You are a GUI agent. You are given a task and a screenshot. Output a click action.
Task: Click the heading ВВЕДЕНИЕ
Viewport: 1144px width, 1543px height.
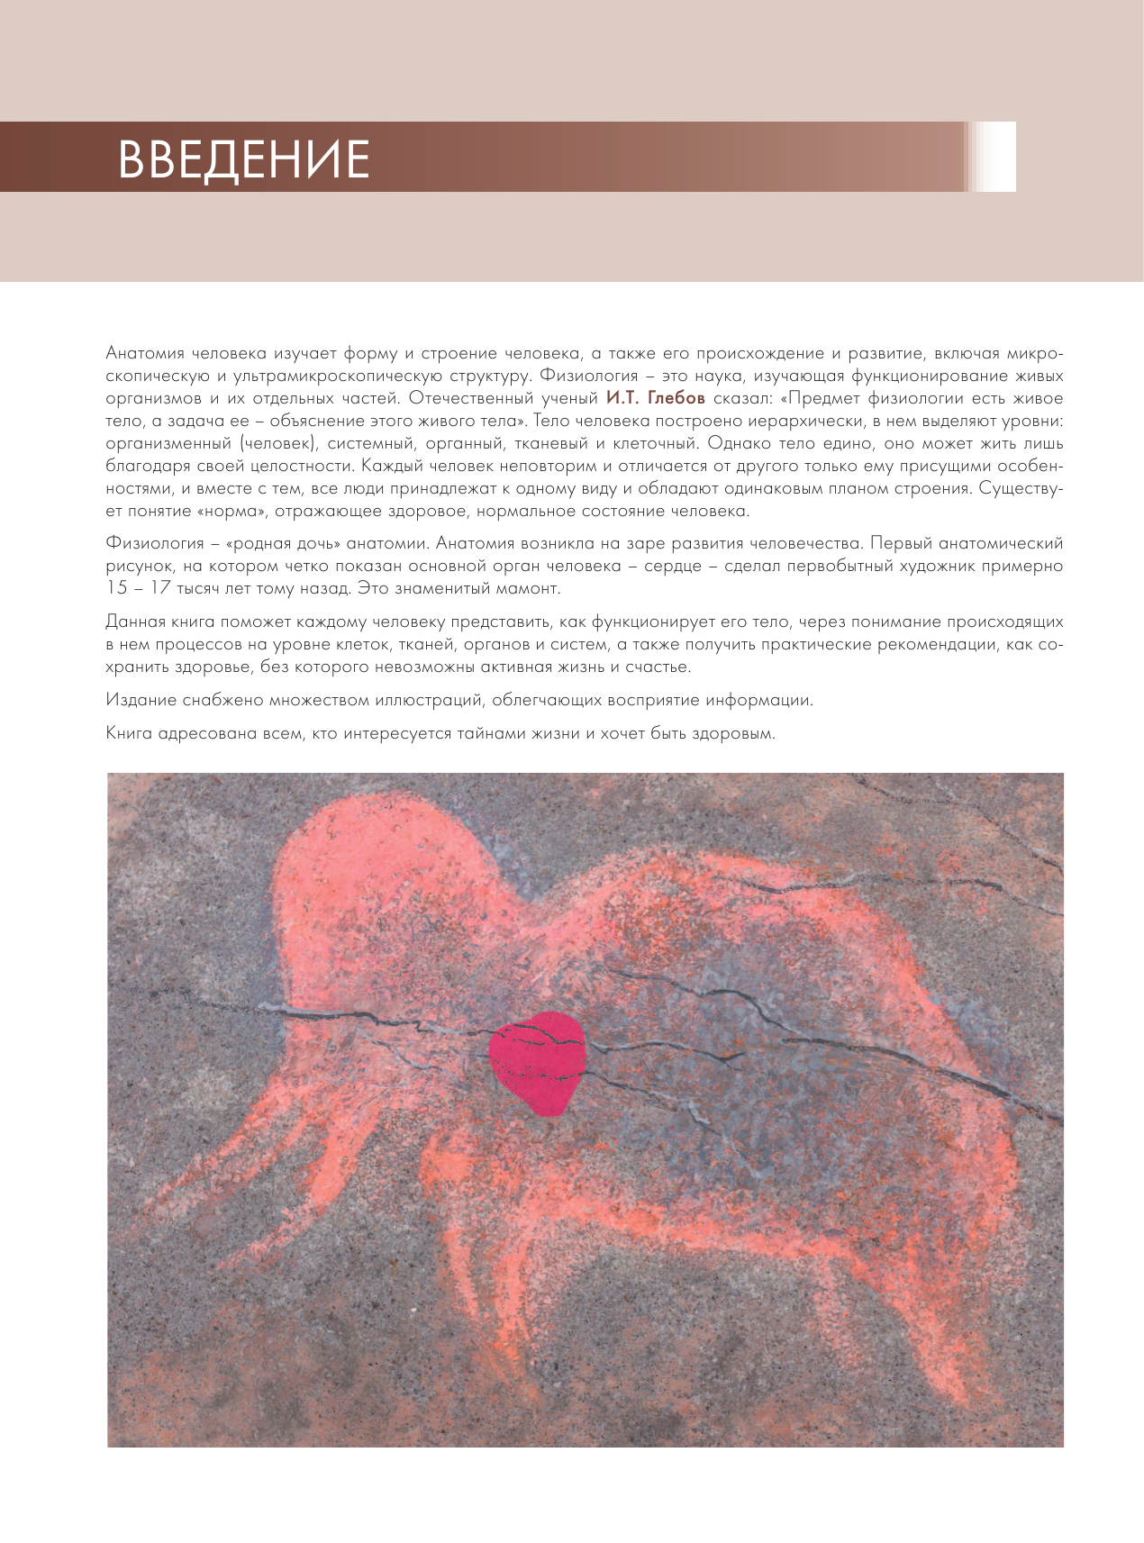point(243,159)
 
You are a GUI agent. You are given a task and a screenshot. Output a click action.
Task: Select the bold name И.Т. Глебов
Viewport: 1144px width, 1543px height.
point(655,398)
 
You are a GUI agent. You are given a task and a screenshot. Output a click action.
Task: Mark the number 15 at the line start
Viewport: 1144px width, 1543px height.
point(117,589)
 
